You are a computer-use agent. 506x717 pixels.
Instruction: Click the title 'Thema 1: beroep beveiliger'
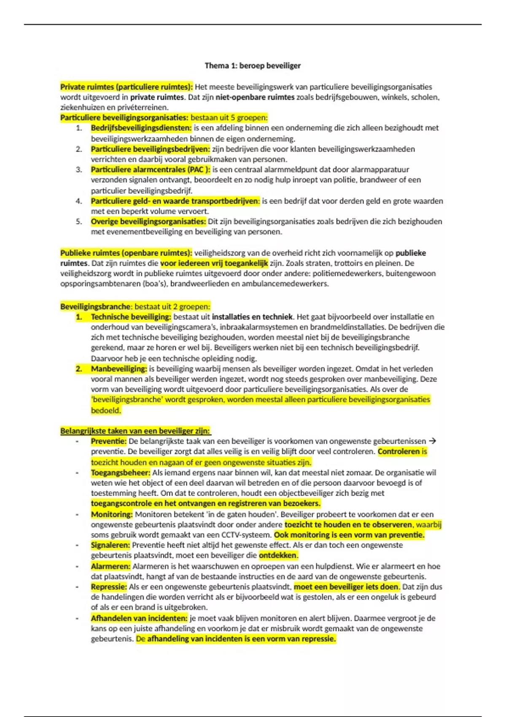pyautogui.click(x=253, y=66)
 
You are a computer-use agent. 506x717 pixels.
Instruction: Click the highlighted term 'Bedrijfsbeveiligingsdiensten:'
pyautogui.click(x=141, y=128)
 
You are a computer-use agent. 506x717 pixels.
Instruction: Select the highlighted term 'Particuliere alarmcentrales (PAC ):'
pyautogui.click(x=151, y=170)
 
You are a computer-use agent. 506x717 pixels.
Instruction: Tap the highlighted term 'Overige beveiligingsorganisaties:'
pyautogui.click(x=148, y=221)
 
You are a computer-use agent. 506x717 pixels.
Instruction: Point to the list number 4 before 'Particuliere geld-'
pyautogui.click(x=79, y=201)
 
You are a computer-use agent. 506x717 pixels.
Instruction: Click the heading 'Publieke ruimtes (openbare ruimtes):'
pyautogui.click(x=126, y=253)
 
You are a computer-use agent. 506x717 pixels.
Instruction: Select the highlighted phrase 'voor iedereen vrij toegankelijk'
pyautogui.click(x=214, y=263)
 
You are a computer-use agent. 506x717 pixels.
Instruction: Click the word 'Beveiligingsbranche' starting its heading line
pyautogui.click(x=95, y=307)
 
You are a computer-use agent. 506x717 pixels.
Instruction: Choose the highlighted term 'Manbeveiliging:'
pyautogui.click(x=119, y=369)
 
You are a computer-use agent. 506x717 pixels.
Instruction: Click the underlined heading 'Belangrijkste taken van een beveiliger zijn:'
pyautogui.click(x=135, y=431)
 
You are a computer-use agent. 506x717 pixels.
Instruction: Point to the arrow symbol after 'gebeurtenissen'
pyautogui.click(x=432, y=441)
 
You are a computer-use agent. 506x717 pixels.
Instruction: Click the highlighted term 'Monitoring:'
pyautogui.click(x=112, y=515)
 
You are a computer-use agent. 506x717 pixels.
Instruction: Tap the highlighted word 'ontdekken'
pyautogui.click(x=278, y=555)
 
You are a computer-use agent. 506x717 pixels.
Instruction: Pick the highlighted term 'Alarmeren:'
pyautogui.click(x=110, y=566)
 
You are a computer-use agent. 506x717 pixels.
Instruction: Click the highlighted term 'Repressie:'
pyautogui.click(x=109, y=587)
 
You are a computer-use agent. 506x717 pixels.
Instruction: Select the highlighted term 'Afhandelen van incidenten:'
pyautogui.click(x=139, y=618)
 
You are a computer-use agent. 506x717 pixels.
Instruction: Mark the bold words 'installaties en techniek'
pyautogui.click(x=252, y=317)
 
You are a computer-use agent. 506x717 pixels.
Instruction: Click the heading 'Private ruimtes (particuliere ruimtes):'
pyautogui.click(x=126, y=87)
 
